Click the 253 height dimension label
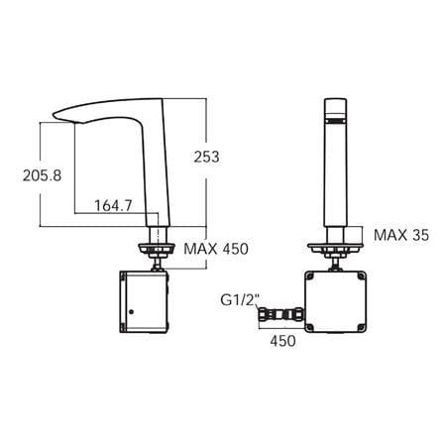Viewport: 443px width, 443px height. tap(206, 157)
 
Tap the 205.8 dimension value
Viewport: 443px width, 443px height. tap(42, 175)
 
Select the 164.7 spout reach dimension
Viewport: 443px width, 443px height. tap(113, 206)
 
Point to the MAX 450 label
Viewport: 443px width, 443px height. tap(216, 249)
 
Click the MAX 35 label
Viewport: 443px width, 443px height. tap(401, 235)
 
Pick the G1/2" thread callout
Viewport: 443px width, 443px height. tap(240, 300)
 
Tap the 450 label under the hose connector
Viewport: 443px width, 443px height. tap(282, 341)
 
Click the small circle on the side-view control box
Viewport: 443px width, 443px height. tap(131, 311)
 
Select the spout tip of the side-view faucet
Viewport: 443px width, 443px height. tap(55, 115)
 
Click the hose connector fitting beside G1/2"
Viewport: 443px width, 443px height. tap(280, 314)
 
